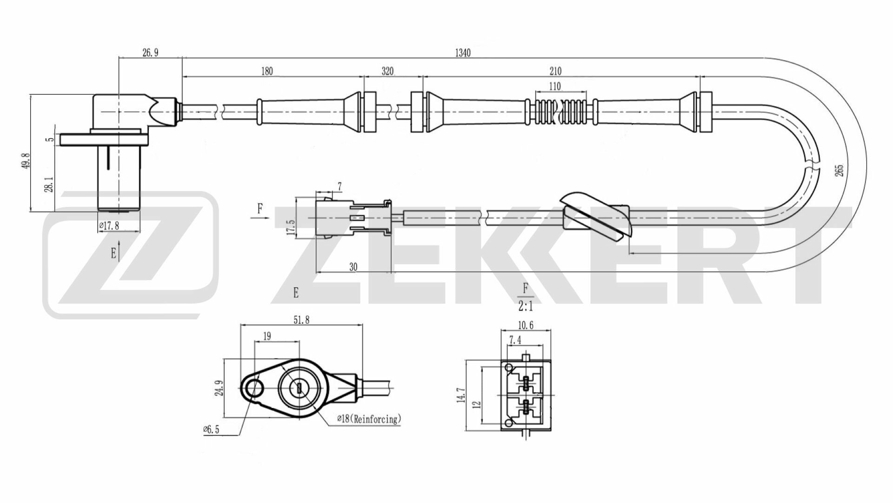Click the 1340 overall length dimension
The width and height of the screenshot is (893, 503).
[x=462, y=53]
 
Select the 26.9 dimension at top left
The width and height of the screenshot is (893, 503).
[x=150, y=53]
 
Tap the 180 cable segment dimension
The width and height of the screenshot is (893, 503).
[x=267, y=71]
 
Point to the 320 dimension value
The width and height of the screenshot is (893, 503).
[x=387, y=71]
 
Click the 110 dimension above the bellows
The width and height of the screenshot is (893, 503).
[x=554, y=86]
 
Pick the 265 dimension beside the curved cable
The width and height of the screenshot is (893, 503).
[x=839, y=170]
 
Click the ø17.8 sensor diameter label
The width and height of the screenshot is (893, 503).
[x=109, y=226]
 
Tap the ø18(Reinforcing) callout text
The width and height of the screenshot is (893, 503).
[x=368, y=419]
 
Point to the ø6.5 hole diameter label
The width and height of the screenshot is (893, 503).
[x=211, y=429]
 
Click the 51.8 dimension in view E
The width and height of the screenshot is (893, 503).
[x=301, y=319]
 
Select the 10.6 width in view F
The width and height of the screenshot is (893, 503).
[x=525, y=325]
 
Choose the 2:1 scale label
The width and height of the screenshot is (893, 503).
[x=526, y=306]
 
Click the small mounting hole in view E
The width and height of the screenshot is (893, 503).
[x=254, y=387]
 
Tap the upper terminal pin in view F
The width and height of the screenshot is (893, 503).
[x=526, y=383]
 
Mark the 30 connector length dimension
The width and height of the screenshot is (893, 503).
[x=353, y=267]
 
